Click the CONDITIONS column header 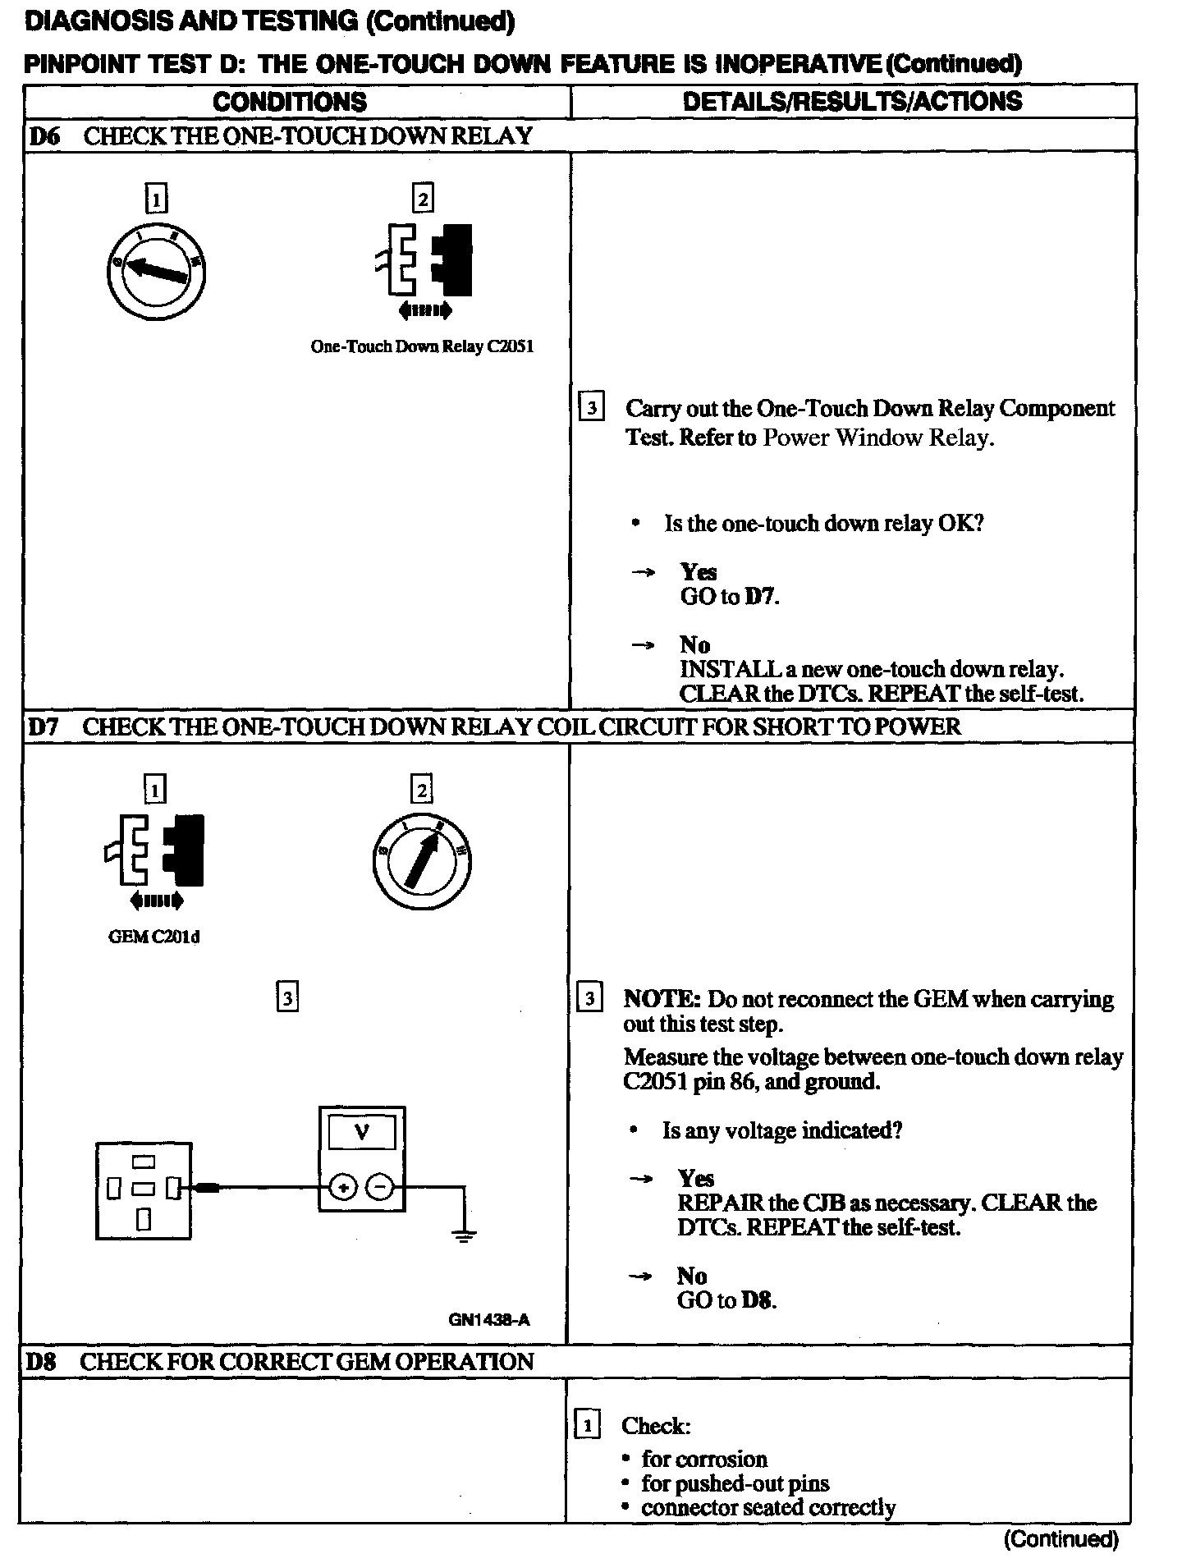[289, 102]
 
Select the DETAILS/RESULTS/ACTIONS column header [852, 101]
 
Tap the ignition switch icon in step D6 [156, 271]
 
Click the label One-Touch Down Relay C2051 [422, 347]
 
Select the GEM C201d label [154, 937]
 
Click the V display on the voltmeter [361, 1134]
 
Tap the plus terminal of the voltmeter [344, 1188]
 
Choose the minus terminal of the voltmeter [380, 1188]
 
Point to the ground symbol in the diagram [465, 1236]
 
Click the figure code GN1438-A [488, 1320]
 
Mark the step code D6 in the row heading [44, 136]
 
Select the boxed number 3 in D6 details [591, 408]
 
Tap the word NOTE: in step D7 [662, 999]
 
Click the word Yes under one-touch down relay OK [698, 572]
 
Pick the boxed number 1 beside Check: [587, 1426]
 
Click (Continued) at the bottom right [1061, 1538]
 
